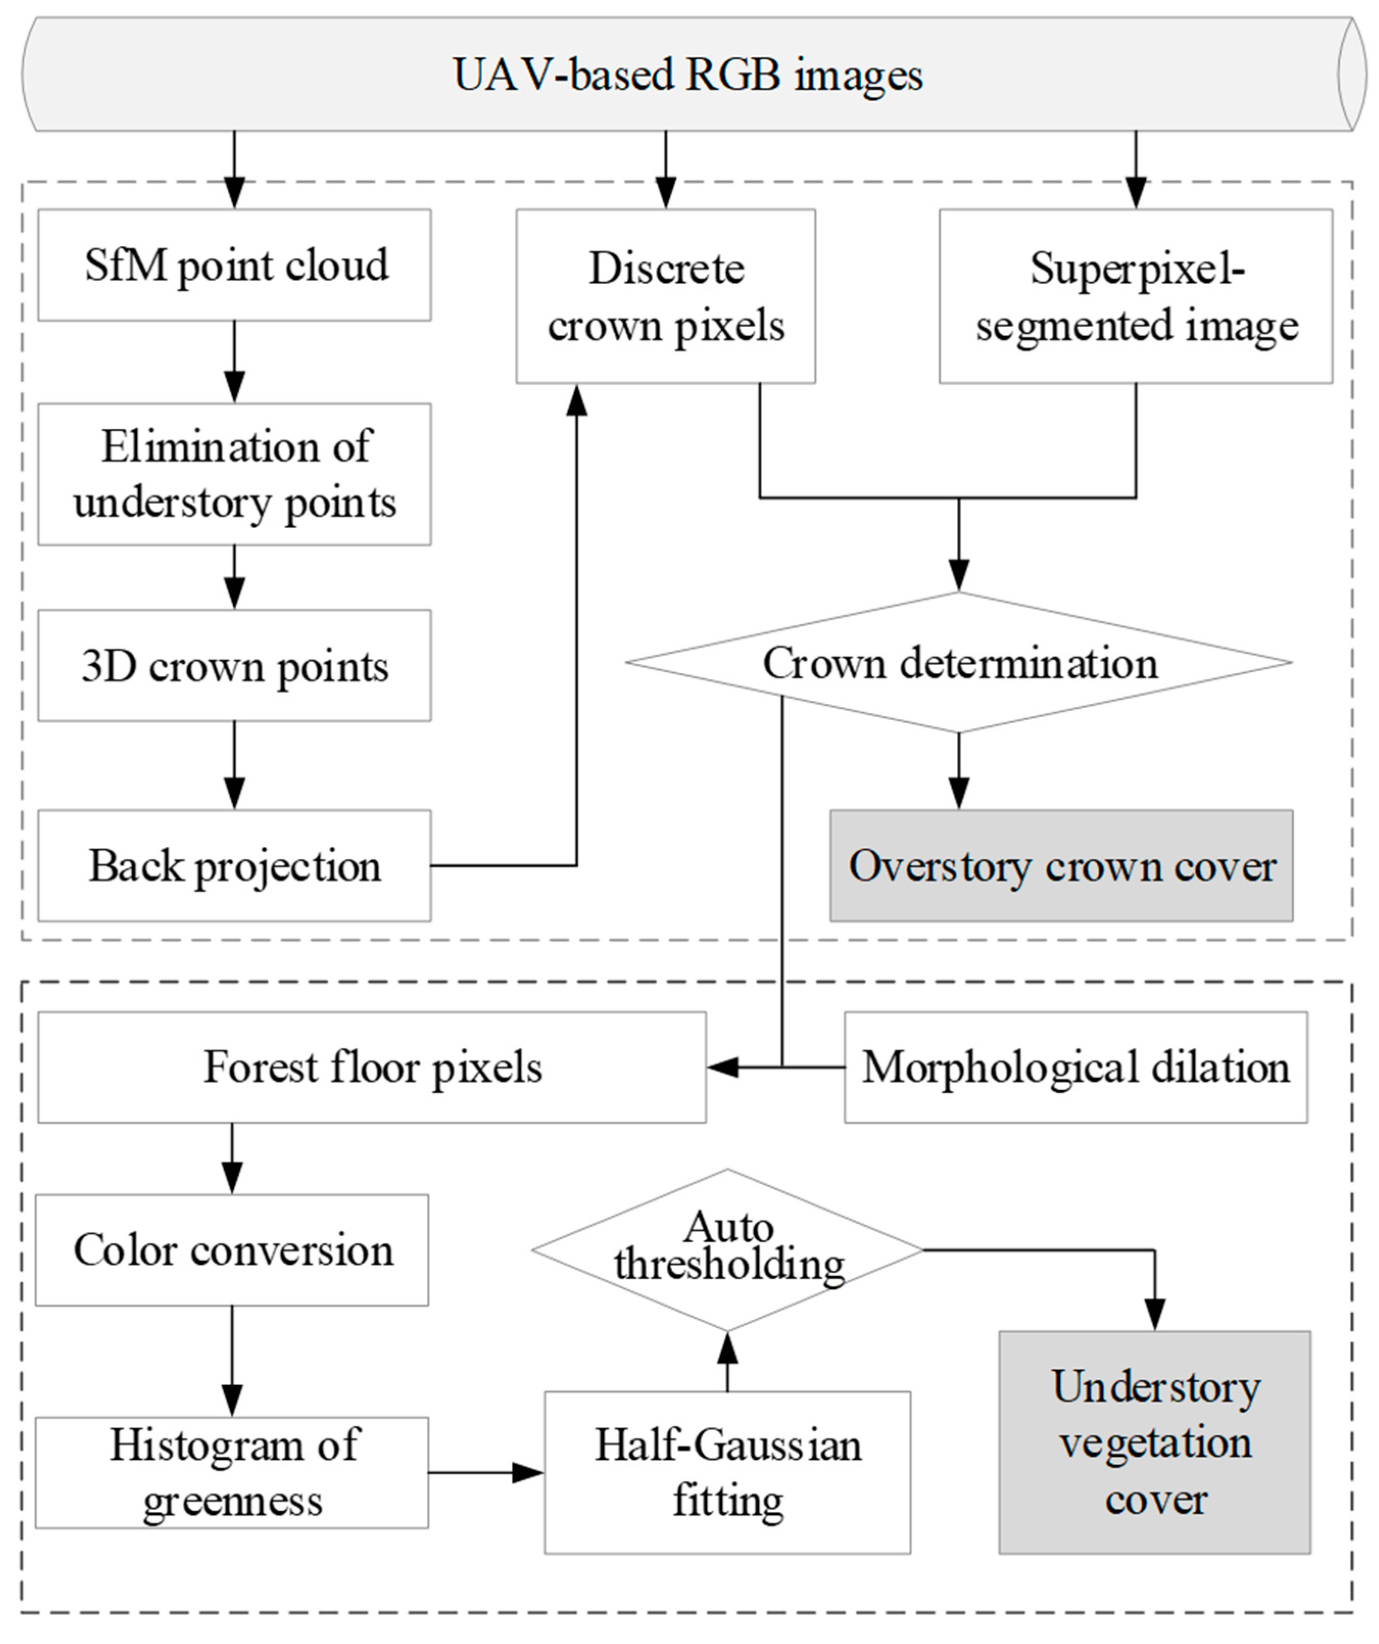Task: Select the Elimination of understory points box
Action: click(x=234, y=474)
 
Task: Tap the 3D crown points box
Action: click(x=234, y=666)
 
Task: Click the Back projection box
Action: click(x=234, y=865)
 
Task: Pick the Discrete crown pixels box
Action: click(x=665, y=296)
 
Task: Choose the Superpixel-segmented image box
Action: click(x=1136, y=296)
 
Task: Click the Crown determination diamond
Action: click(x=959, y=662)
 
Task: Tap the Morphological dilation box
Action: click(x=1075, y=1067)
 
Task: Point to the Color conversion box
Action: click(x=232, y=1250)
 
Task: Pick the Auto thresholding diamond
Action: click(x=727, y=1250)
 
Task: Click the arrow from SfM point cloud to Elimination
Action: click(x=234, y=360)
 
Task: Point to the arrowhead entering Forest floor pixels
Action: click(x=722, y=1067)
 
